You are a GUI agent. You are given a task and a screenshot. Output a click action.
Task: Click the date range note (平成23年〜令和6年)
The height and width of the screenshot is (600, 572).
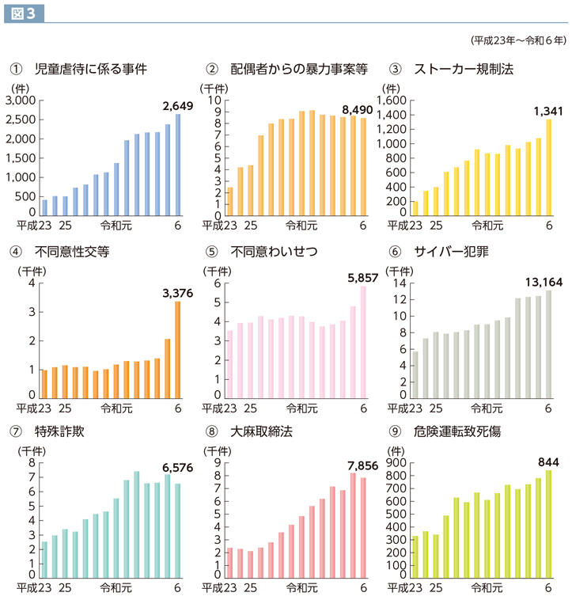point(517,40)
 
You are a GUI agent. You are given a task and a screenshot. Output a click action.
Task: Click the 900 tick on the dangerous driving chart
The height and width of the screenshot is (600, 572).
point(397,463)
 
